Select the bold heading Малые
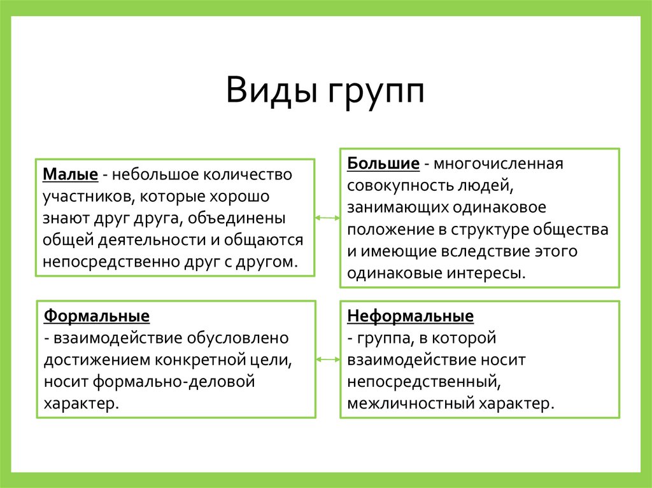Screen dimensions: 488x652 point(70,174)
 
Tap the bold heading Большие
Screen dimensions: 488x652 point(383,164)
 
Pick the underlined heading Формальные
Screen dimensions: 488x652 point(97,316)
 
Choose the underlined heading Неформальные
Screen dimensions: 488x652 point(410,316)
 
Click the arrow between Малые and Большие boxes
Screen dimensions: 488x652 point(327,218)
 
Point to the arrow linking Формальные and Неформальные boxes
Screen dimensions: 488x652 point(327,359)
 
